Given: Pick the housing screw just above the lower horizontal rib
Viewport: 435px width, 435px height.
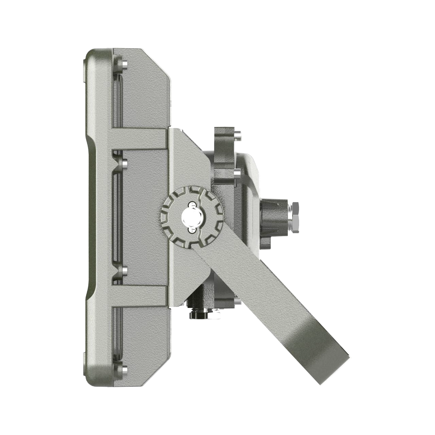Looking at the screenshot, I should (124, 271).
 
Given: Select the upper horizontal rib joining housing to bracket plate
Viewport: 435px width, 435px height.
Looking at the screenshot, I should (139, 140).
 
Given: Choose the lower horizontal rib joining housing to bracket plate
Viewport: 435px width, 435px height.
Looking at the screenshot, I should (139, 294).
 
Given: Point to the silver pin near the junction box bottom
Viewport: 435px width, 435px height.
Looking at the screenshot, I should (237, 301).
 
